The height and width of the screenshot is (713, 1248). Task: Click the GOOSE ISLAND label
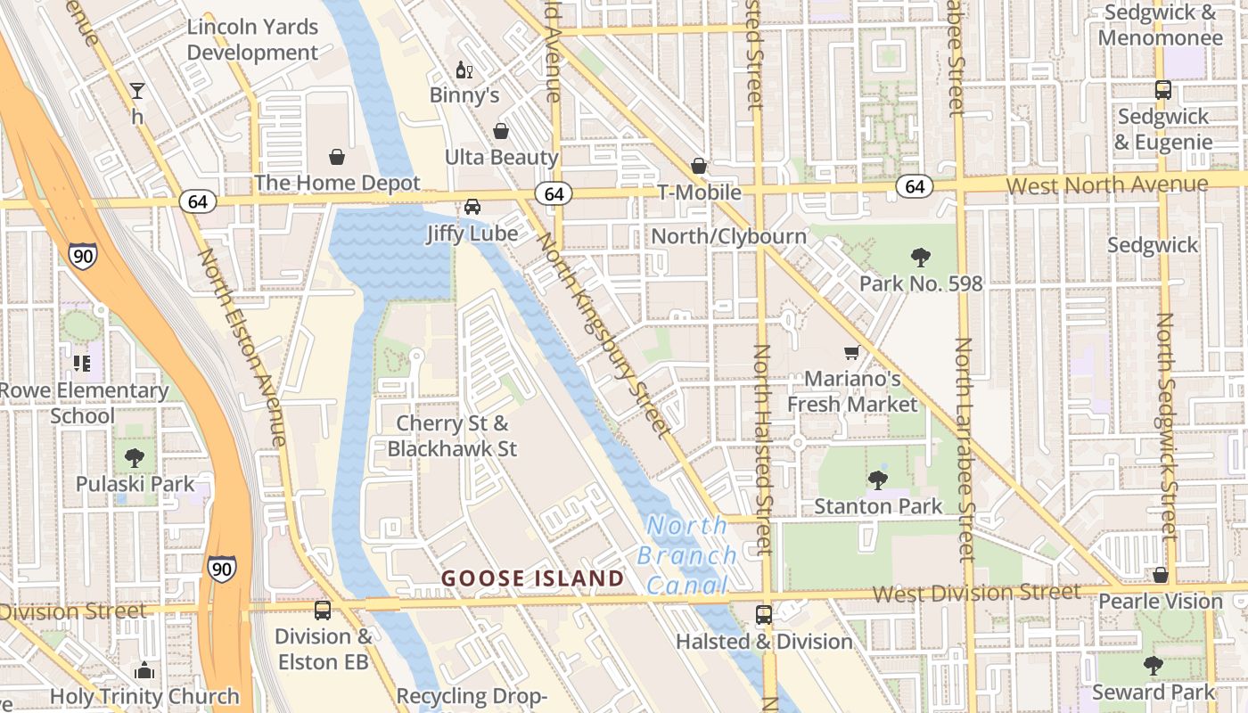click(533, 578)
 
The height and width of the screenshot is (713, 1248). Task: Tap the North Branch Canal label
click(686, 555)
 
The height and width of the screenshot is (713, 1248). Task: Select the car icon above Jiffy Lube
click(472, 207)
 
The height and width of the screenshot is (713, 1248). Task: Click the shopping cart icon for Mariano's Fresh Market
click(851, 353)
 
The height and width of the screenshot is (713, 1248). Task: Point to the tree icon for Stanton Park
click(878, 480)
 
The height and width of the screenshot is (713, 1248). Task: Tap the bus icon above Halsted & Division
click(764, 615)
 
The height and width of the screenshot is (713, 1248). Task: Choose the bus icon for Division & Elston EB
click(323, 611)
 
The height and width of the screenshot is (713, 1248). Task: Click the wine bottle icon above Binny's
click(464, 70)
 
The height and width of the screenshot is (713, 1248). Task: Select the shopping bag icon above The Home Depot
click(337, 158)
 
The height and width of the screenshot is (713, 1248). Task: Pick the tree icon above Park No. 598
click(921, 258)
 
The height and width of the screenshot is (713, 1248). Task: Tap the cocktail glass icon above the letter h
click(137, 90)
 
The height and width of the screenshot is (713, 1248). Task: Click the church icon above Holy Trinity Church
click(144, 670)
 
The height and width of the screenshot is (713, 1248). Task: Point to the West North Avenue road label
click(1107, 185)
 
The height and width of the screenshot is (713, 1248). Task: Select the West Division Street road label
click(976, 593)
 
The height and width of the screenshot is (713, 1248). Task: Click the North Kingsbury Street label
click(603, 335)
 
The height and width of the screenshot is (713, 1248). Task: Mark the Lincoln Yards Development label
click(252, 40)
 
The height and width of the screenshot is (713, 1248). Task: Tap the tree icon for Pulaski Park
click(135, 458)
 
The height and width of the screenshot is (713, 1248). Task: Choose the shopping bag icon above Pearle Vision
click(1161, 576)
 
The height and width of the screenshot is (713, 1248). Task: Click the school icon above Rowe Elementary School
click(82, 364)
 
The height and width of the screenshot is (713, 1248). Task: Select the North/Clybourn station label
click(729, 236)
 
